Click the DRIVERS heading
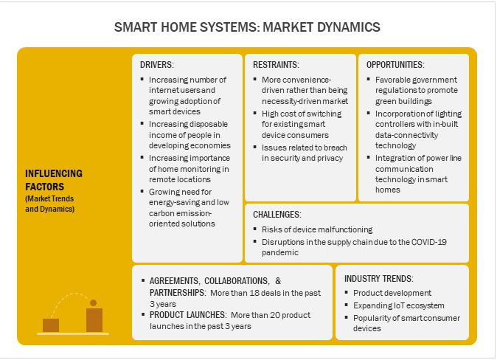point(156,65)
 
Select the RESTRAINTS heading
point(276,65)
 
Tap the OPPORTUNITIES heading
point(395,65)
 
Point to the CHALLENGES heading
point(277,215)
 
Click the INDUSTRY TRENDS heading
point(379,279)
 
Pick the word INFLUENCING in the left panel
point(54,173)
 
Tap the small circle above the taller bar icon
point(93,303)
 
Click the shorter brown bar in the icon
point(51,325)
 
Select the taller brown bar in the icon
point(94,320)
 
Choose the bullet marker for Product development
point(347,292)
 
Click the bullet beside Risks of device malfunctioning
point(255,229)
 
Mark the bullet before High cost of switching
point(255,113)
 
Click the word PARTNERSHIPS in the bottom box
point(177,292)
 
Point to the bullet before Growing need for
point(142,191)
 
